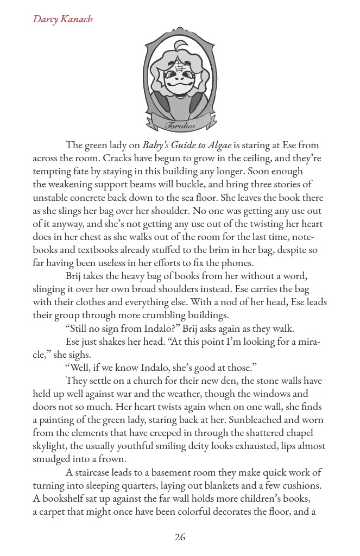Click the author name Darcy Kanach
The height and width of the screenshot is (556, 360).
tap(62, 19)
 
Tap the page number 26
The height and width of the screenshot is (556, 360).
tap(180, 537)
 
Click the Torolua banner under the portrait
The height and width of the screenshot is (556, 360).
tap(180, 124)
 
